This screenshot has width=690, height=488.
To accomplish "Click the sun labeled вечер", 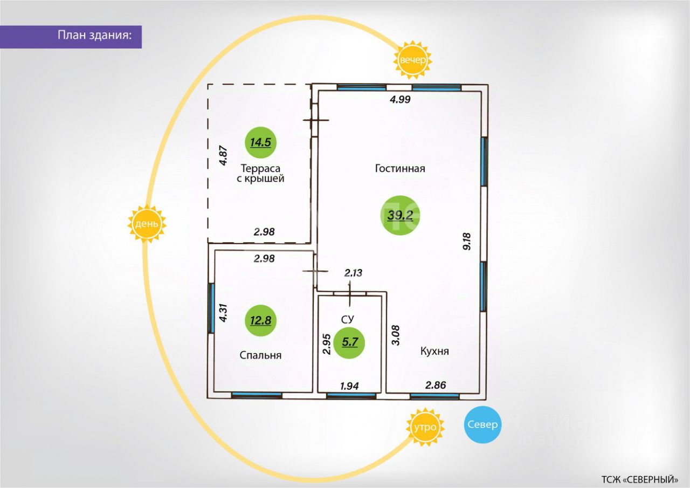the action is click(413, 60).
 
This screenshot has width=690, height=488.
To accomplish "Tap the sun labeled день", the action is click(147, 223).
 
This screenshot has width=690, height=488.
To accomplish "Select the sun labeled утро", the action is click(425, 427).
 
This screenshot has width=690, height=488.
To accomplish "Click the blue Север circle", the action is click(482, 424).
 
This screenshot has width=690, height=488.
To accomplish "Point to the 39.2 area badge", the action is click(401, 215).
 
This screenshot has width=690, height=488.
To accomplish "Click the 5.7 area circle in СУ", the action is click(349, 342).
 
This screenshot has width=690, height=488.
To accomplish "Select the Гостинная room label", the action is click(400, 168).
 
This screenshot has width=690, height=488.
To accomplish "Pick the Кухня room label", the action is click(434, 351).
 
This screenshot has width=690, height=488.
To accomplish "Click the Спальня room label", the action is click(260, 355).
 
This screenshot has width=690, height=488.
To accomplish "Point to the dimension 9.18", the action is click(467, 240).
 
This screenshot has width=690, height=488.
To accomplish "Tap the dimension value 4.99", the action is click(400, 99).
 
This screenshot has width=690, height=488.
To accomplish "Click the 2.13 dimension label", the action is click(353, 273).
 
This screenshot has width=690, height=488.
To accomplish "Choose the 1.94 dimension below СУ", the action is click(349, 386).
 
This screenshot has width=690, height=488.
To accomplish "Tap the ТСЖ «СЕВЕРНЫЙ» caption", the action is click(639, 479).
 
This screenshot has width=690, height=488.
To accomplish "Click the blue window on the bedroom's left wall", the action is click(212, 308).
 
